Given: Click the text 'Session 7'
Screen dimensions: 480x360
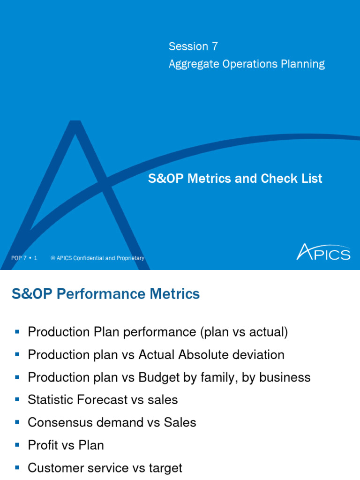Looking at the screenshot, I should coord(193,46).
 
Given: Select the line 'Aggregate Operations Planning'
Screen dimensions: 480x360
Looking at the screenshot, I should coord(247,64).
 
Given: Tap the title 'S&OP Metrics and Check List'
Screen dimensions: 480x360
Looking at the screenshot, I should coord(235,179).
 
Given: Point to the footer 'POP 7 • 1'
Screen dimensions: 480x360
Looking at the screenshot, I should coord(24,258).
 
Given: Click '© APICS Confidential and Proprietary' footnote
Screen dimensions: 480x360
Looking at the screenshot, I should coord(97,258).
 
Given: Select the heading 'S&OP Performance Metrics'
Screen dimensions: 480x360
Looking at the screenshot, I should coord(105,294).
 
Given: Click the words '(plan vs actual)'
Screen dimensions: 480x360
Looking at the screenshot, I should coord(244,332).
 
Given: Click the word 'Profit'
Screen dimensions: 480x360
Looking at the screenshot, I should coord(43,445).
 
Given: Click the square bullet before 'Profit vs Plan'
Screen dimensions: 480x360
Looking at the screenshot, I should coord(17,445).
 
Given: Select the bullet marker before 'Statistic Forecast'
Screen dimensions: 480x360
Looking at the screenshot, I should coord(17,400).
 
